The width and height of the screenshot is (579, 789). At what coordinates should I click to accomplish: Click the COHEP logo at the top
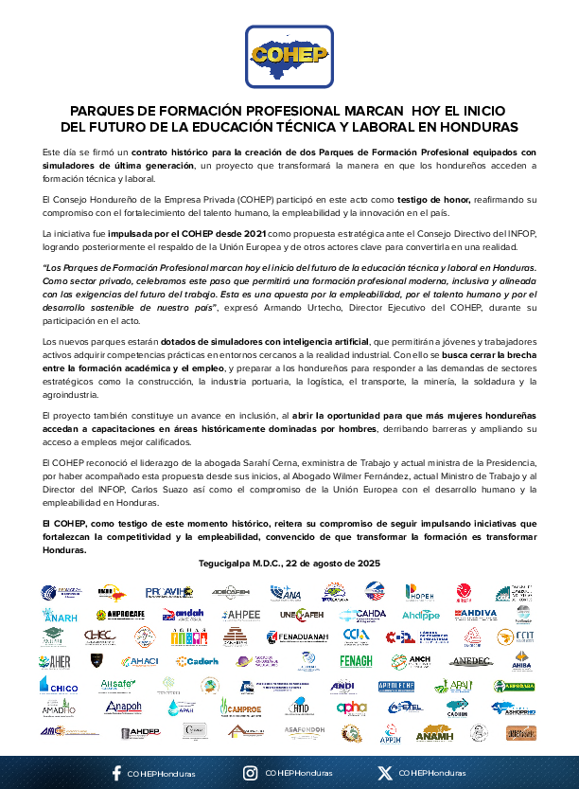click(x=289, y=57)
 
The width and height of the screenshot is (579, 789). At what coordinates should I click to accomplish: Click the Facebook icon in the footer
click(x=116, y=773)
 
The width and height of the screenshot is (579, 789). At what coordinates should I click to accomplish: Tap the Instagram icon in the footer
click(x=250, y=773)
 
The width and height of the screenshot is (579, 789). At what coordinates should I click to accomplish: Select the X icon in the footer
click(x=384, y=773)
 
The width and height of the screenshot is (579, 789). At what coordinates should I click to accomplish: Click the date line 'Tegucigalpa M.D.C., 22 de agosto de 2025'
click(x=289, y=563)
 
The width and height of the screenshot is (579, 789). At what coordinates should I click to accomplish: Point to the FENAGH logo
click(x=356, y=660)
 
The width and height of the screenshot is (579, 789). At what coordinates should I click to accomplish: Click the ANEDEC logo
click(x=471, y=660)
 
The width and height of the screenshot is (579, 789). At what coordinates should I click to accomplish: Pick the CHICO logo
click(x=59, y=684)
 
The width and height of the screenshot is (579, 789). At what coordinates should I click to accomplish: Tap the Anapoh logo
click(x=123, y=707)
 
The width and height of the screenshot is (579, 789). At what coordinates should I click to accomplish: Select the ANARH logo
click(x=59, y=614)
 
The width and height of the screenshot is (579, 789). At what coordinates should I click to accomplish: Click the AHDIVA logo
click(x=475, y=614)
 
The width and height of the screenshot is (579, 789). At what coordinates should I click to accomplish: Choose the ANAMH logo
click(x=434, y=731)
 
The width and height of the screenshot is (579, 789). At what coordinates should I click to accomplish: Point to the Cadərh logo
click(x=197, y=661)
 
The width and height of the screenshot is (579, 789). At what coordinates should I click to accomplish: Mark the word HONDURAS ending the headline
click(x=479, y=126)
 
